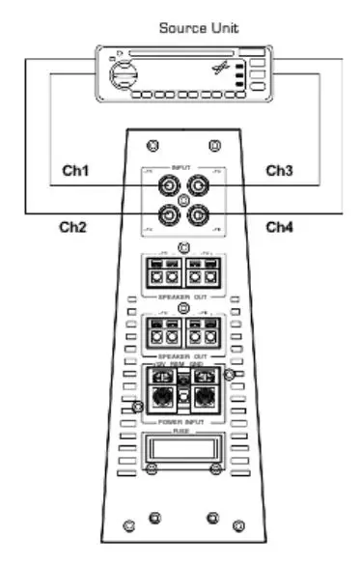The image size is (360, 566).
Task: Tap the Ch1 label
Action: click(x=76, y=170)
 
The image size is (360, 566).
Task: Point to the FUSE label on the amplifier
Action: click(x=181, y=431)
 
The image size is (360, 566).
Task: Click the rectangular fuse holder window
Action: click(x=181, y=447)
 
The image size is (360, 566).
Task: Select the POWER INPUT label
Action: click(x=181, y=423)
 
